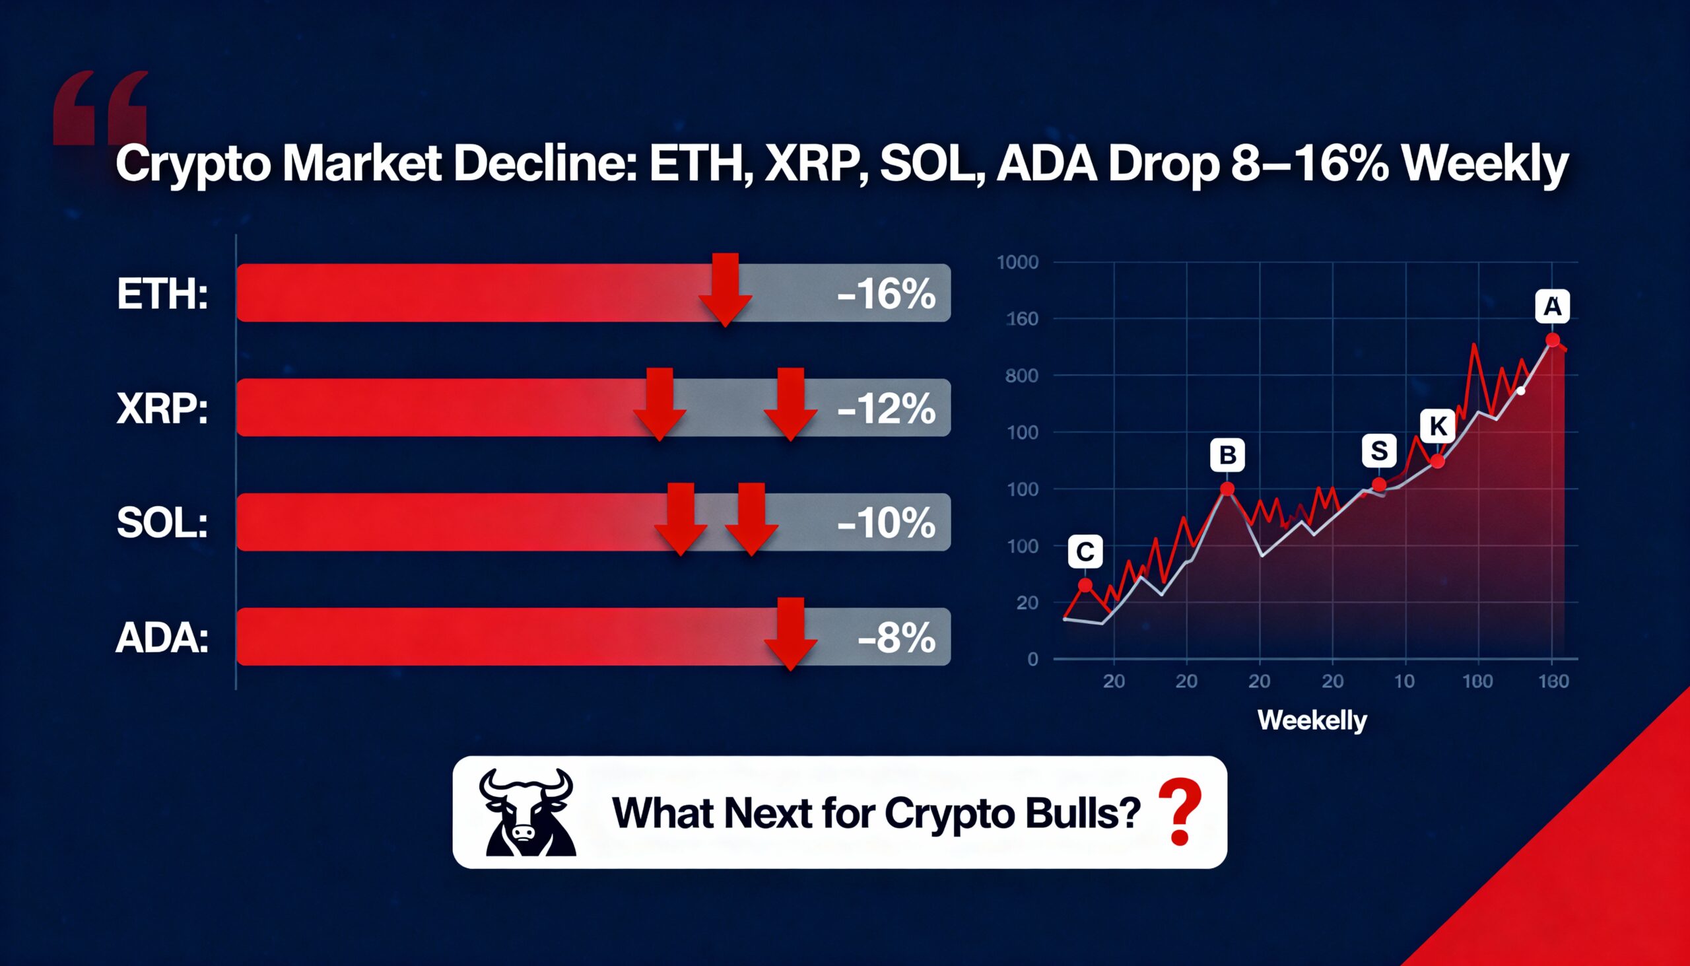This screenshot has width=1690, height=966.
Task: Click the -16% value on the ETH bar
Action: pos(886,294)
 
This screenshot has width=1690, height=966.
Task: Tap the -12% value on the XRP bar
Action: pos(886,409)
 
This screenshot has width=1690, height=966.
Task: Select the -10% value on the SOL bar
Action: pos(886,524)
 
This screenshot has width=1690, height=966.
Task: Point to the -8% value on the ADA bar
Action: pos(896,638)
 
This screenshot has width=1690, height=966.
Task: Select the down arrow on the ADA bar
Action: pos(790,634)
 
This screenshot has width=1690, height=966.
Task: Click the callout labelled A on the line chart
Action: pos(1553,307)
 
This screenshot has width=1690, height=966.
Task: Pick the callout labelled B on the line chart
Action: pos(1227,455)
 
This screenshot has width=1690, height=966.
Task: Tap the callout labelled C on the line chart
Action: pos(1085,551)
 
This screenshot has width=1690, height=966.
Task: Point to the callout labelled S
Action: pos(1379,451)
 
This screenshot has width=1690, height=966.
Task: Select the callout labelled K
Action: pos(1438,426)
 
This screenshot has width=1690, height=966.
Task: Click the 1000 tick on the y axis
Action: pos(1017,263)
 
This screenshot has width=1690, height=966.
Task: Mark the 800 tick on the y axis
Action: pos(1021,376)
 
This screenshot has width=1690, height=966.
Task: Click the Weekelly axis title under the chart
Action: pos(1312,720)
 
